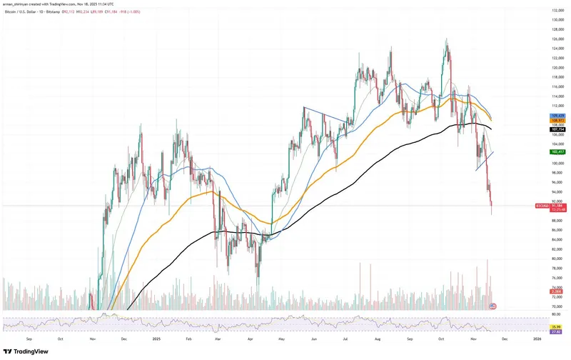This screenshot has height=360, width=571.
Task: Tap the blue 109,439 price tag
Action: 557,115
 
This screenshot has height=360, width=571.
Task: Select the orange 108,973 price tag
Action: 557,120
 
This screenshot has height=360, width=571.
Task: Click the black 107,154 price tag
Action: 557,129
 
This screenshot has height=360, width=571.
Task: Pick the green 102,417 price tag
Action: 557,151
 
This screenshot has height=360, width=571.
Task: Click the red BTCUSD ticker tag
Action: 542,206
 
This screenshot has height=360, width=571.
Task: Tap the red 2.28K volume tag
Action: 557,292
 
